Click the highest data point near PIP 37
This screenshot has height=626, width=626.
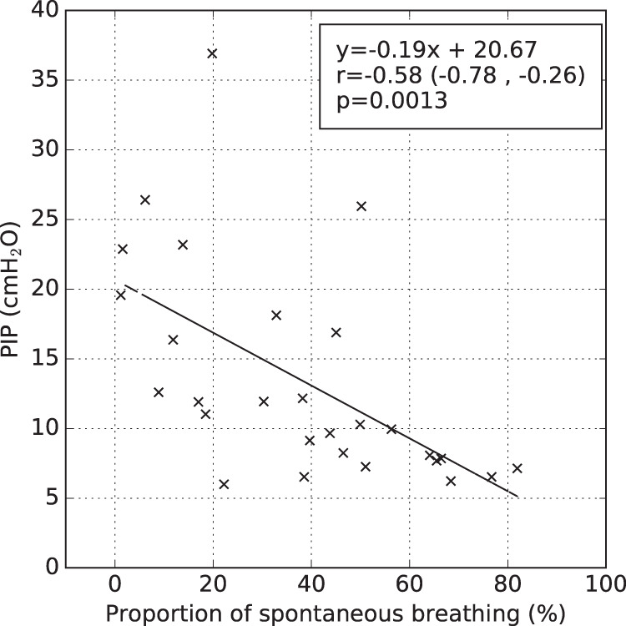(x=212, y=53)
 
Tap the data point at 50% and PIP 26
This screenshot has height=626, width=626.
(x=361, y=206)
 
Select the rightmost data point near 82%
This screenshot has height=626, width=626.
(x=517, y=468)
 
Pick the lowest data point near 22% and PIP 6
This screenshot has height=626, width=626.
(x=224, y=484)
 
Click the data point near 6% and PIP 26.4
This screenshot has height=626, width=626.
(x=144, y=200)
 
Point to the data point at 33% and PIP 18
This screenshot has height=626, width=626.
(x=276, y=316)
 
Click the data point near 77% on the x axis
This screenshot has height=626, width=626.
(x=492, y=477)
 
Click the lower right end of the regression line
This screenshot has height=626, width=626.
(x=517, y=497)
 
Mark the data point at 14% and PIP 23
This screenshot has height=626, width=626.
(x=183, y=245)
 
